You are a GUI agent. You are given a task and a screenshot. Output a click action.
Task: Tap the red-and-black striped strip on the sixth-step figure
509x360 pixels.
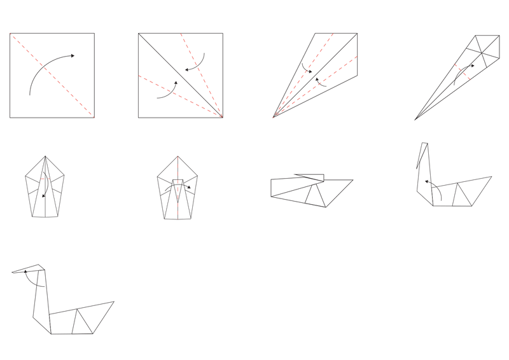pyautogui.click(x=178, y=167)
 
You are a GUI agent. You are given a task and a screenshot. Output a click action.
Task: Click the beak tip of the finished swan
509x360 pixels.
pyautogui.click(x=11, y=272)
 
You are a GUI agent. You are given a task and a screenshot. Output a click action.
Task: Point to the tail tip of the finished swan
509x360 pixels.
pyautogui.click(x=115, y=301)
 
